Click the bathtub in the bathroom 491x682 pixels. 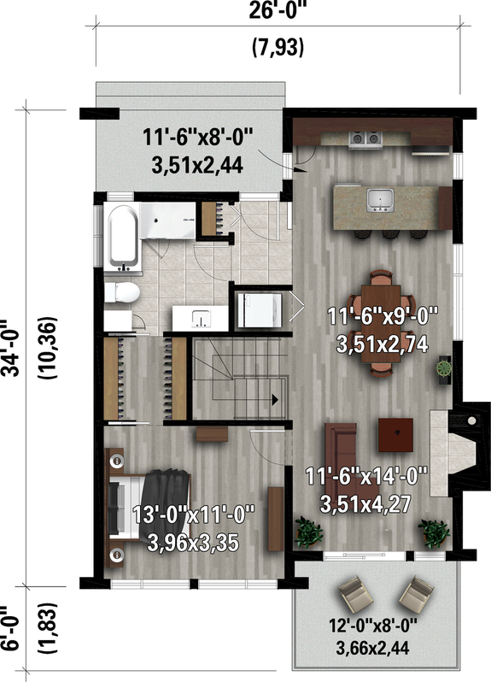pyautogui.click(x=121, y=236)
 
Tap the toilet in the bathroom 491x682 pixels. pyautogui.click(x=123, y=293)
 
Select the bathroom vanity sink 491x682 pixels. pyautogui.click(x=202, y=318)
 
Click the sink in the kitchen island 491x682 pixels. pyautogui.click(x=380, y=200)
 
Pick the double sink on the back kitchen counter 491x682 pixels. pyautogui.click(x=368, y=137)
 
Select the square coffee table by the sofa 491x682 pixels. pyautogui.click(x=396, y=432)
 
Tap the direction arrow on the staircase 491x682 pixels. pyautogui.click(x=275, y=398)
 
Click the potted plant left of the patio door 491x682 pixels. pyautogui.click(x=307, y=532)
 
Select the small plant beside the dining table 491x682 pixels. pyautogui.click(x=445, y=368)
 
